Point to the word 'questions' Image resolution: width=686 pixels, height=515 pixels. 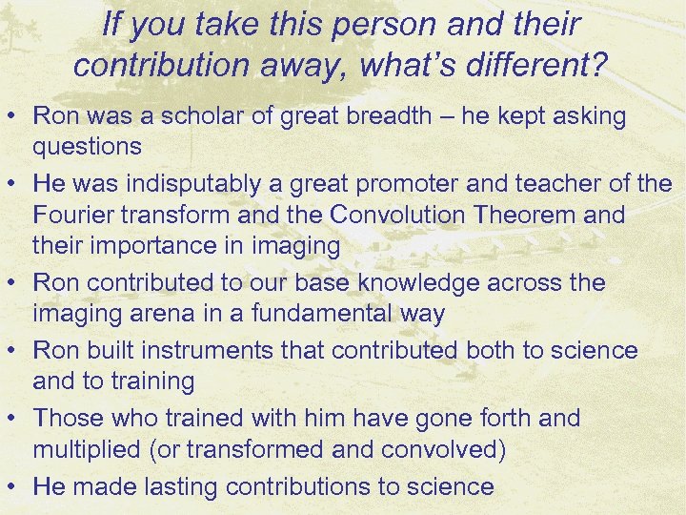88,147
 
